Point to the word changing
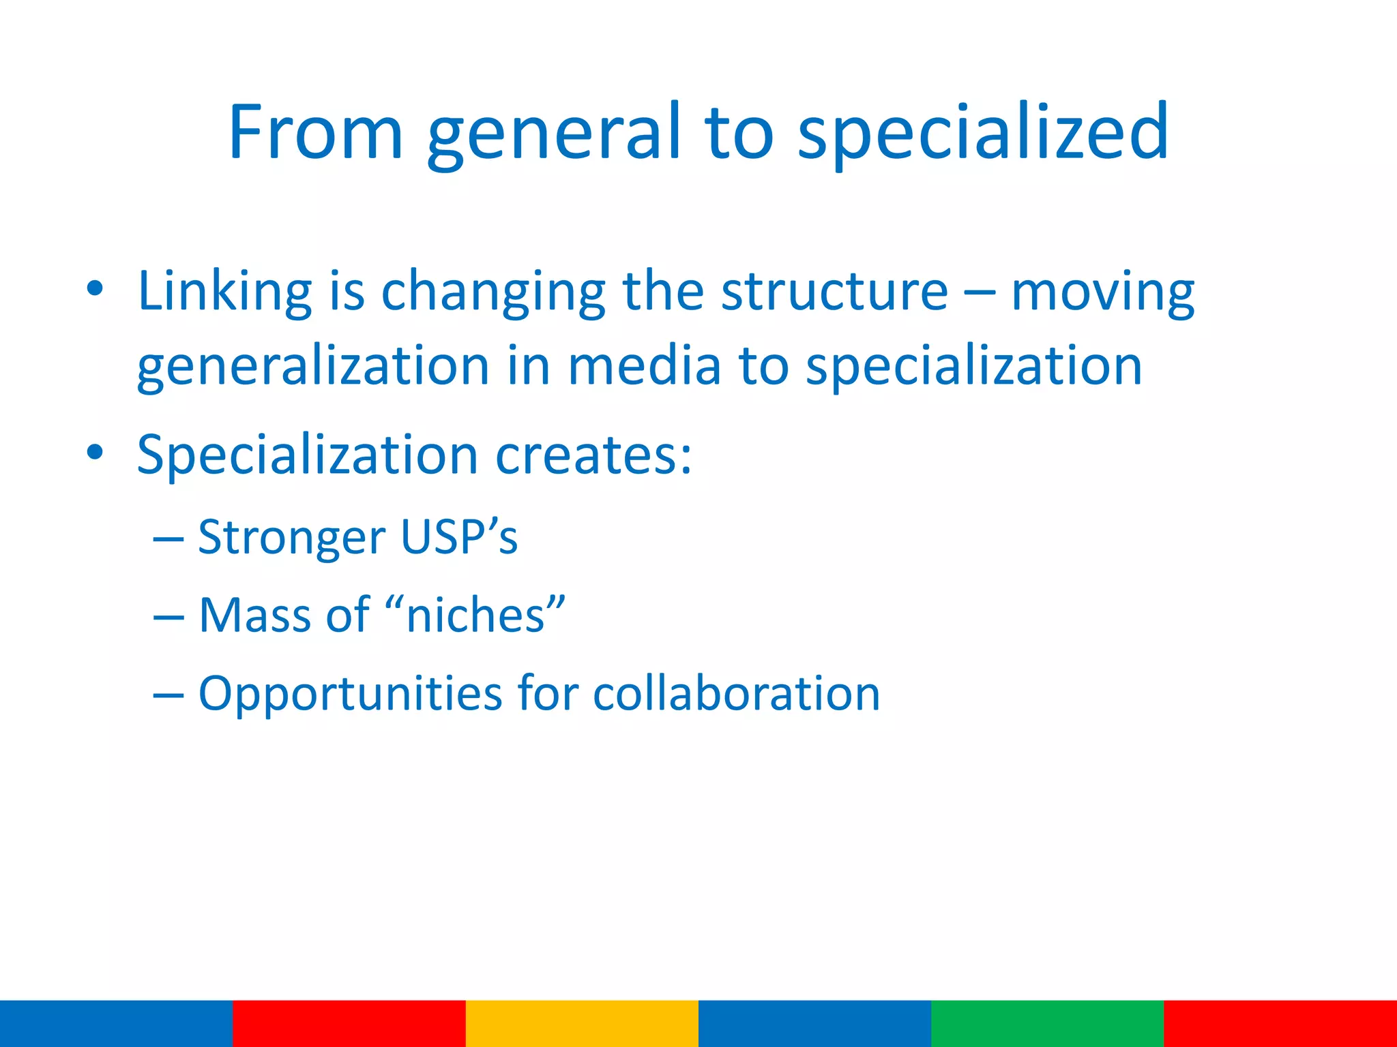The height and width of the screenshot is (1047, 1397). pos(492,293)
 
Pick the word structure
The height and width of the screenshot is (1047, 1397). pos(834,292)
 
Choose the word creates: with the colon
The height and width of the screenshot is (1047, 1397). pos(593,455)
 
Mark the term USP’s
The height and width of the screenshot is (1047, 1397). pos(459,536)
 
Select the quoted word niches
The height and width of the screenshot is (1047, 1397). pos(475,615)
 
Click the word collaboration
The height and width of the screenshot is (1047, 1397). pos(737,694)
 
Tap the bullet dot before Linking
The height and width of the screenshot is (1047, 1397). pos(95,288)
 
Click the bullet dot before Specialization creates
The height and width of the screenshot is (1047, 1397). pos(95,452)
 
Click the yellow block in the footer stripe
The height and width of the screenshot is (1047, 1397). pos(582,1023)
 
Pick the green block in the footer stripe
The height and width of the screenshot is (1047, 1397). pos(1047,1023)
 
